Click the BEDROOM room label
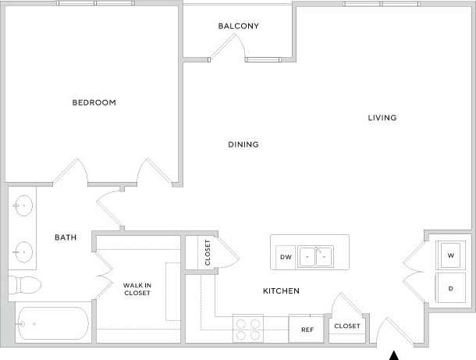pos(94,102)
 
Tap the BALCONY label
pos(238,26)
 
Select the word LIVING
pos(382,118)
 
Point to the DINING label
pos(243,144)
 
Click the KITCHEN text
pos(281,291)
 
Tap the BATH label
pos(64,237)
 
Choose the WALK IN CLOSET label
pos(137,289)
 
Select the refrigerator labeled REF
pos(307,330)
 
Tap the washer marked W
pos(451,255)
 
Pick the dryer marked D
pos(451,288)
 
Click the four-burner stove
pos(248,329)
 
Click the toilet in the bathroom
pos(23,283)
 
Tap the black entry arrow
pos(395,355)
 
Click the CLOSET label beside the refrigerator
pos(346,326)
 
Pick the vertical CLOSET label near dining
pos(208,253)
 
